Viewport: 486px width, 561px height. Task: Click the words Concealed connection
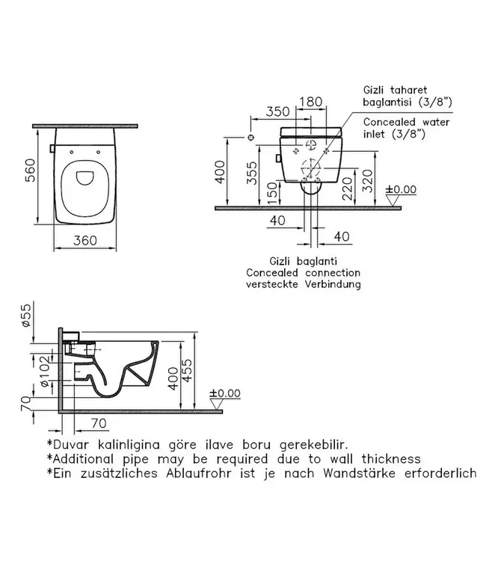(303, 273)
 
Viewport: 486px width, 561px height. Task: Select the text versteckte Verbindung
(303, 284)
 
